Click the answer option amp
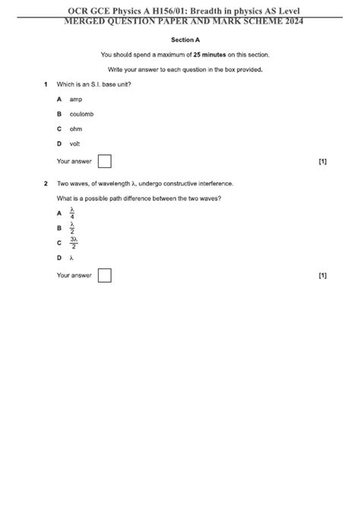click(75, 99)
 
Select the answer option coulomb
click(81, 114)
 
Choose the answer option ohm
click(75, 128)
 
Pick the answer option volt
click(74, 144)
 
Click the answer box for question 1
click(105, 161)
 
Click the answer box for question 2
click(105, 275)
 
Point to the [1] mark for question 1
click(323, 161)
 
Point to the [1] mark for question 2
click(323, 275)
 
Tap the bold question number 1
click(46, 84)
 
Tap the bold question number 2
click(46, 183)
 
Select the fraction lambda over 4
click(72, 214)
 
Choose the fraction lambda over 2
click(72, 227)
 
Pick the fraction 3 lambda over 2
click(74, 242)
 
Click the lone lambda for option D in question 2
click(71, 258)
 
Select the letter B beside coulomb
click(58, 114)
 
